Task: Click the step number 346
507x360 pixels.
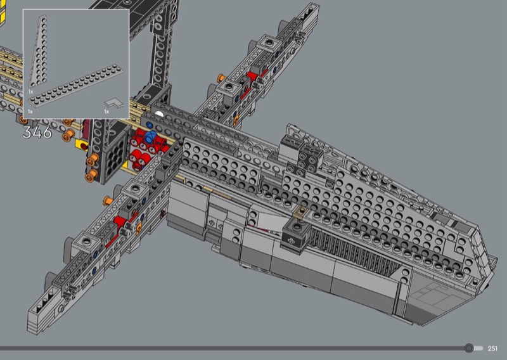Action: pyautogui.click(x=37, y=132)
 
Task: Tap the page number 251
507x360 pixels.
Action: pyautogui.click(x=492, y=349)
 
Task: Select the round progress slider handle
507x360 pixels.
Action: pyautogui.click(x=469, y=348)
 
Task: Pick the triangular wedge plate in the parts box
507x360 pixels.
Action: pyautogui.click(x=39, y=52)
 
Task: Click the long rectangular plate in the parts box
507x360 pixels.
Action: pyautogui.click(x=76, y=86)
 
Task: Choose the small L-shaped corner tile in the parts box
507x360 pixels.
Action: pyautogui.click(x=114, y=103)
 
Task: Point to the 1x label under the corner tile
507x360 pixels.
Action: pyautogui.click(x=106, y=112)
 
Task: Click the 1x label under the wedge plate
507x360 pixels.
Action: pyautogui.click(x=30, y=92)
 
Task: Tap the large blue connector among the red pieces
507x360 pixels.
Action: pyautogui.click(x=150, y=137)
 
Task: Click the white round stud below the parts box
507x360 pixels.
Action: pyautogui.click(x=159, y=114)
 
